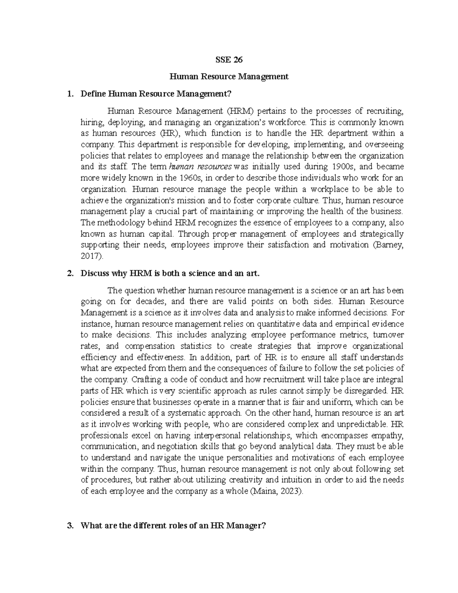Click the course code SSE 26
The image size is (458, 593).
(229, 60)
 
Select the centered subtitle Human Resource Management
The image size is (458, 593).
(229, 77)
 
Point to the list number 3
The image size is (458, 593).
(69, 526)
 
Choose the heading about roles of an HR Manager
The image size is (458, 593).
(173, 526)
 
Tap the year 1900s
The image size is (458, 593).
(341, 167)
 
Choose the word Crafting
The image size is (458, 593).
(146, 380)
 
